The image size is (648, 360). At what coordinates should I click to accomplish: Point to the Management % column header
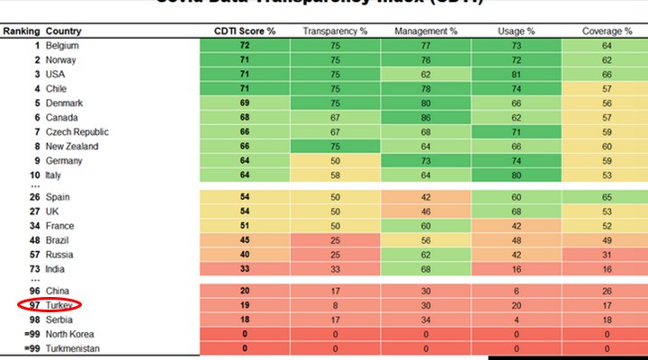point(426,31)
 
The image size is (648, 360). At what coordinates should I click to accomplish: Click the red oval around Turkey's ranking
point(49,305)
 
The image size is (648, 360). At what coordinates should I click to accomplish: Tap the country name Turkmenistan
point(76,348)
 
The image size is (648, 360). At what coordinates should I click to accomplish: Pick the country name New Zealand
point(71,146)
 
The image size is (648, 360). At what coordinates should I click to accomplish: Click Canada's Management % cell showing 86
point(426,117)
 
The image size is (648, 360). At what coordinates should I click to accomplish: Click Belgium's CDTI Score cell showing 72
point(244,45)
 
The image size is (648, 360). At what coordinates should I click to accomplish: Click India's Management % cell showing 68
point(426,268)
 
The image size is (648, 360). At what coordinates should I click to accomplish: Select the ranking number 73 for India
point(35,268)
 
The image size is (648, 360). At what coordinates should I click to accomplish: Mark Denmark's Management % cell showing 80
point(426,103)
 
